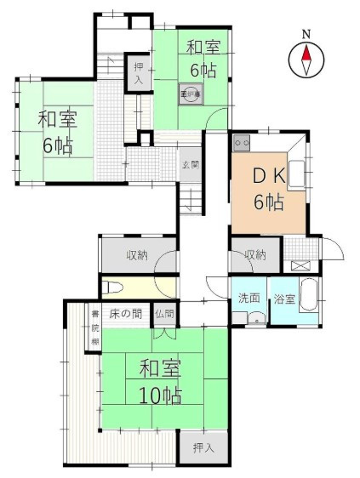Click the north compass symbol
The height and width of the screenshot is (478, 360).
coord(308,60)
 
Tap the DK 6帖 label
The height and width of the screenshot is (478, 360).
coord(268,188)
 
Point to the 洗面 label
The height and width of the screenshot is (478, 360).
coord(249,299)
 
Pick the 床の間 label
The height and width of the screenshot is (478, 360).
coord(124,314)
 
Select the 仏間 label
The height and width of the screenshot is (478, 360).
coord(163,314)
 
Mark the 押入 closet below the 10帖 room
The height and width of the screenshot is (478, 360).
coord(203,447)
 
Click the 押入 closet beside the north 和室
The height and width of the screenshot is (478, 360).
coord(138,71)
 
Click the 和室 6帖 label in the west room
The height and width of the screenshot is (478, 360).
coord(55,132)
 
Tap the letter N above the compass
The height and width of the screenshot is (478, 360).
coord(308,35)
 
